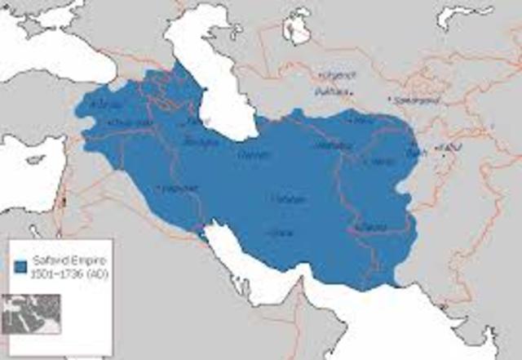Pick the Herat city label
point(380,162)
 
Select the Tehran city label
point(250,153)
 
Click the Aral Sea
point(295,29)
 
